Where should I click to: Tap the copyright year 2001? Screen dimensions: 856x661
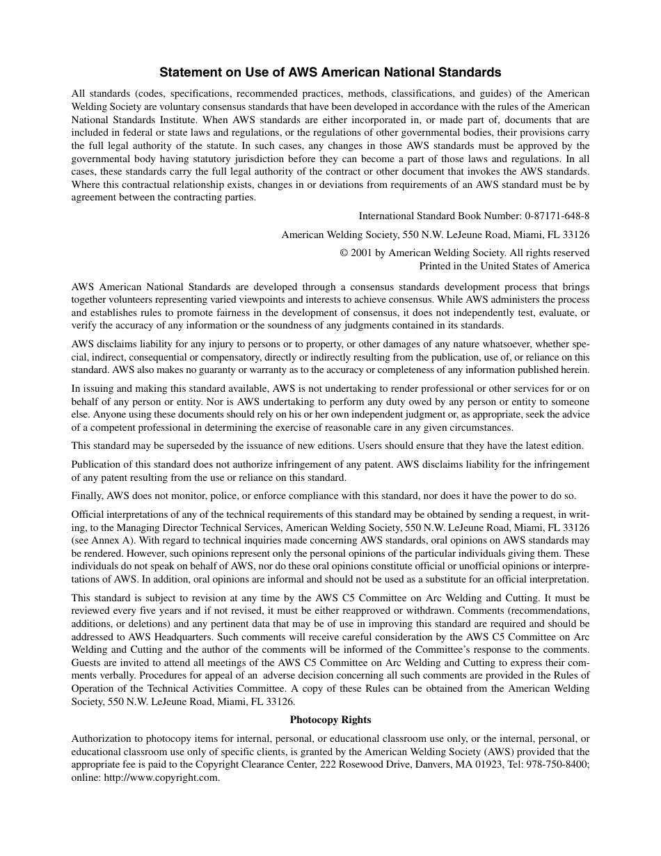point(363,253)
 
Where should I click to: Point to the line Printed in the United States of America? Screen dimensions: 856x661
point(504,266)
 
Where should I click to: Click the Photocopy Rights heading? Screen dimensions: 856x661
point(330,720)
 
